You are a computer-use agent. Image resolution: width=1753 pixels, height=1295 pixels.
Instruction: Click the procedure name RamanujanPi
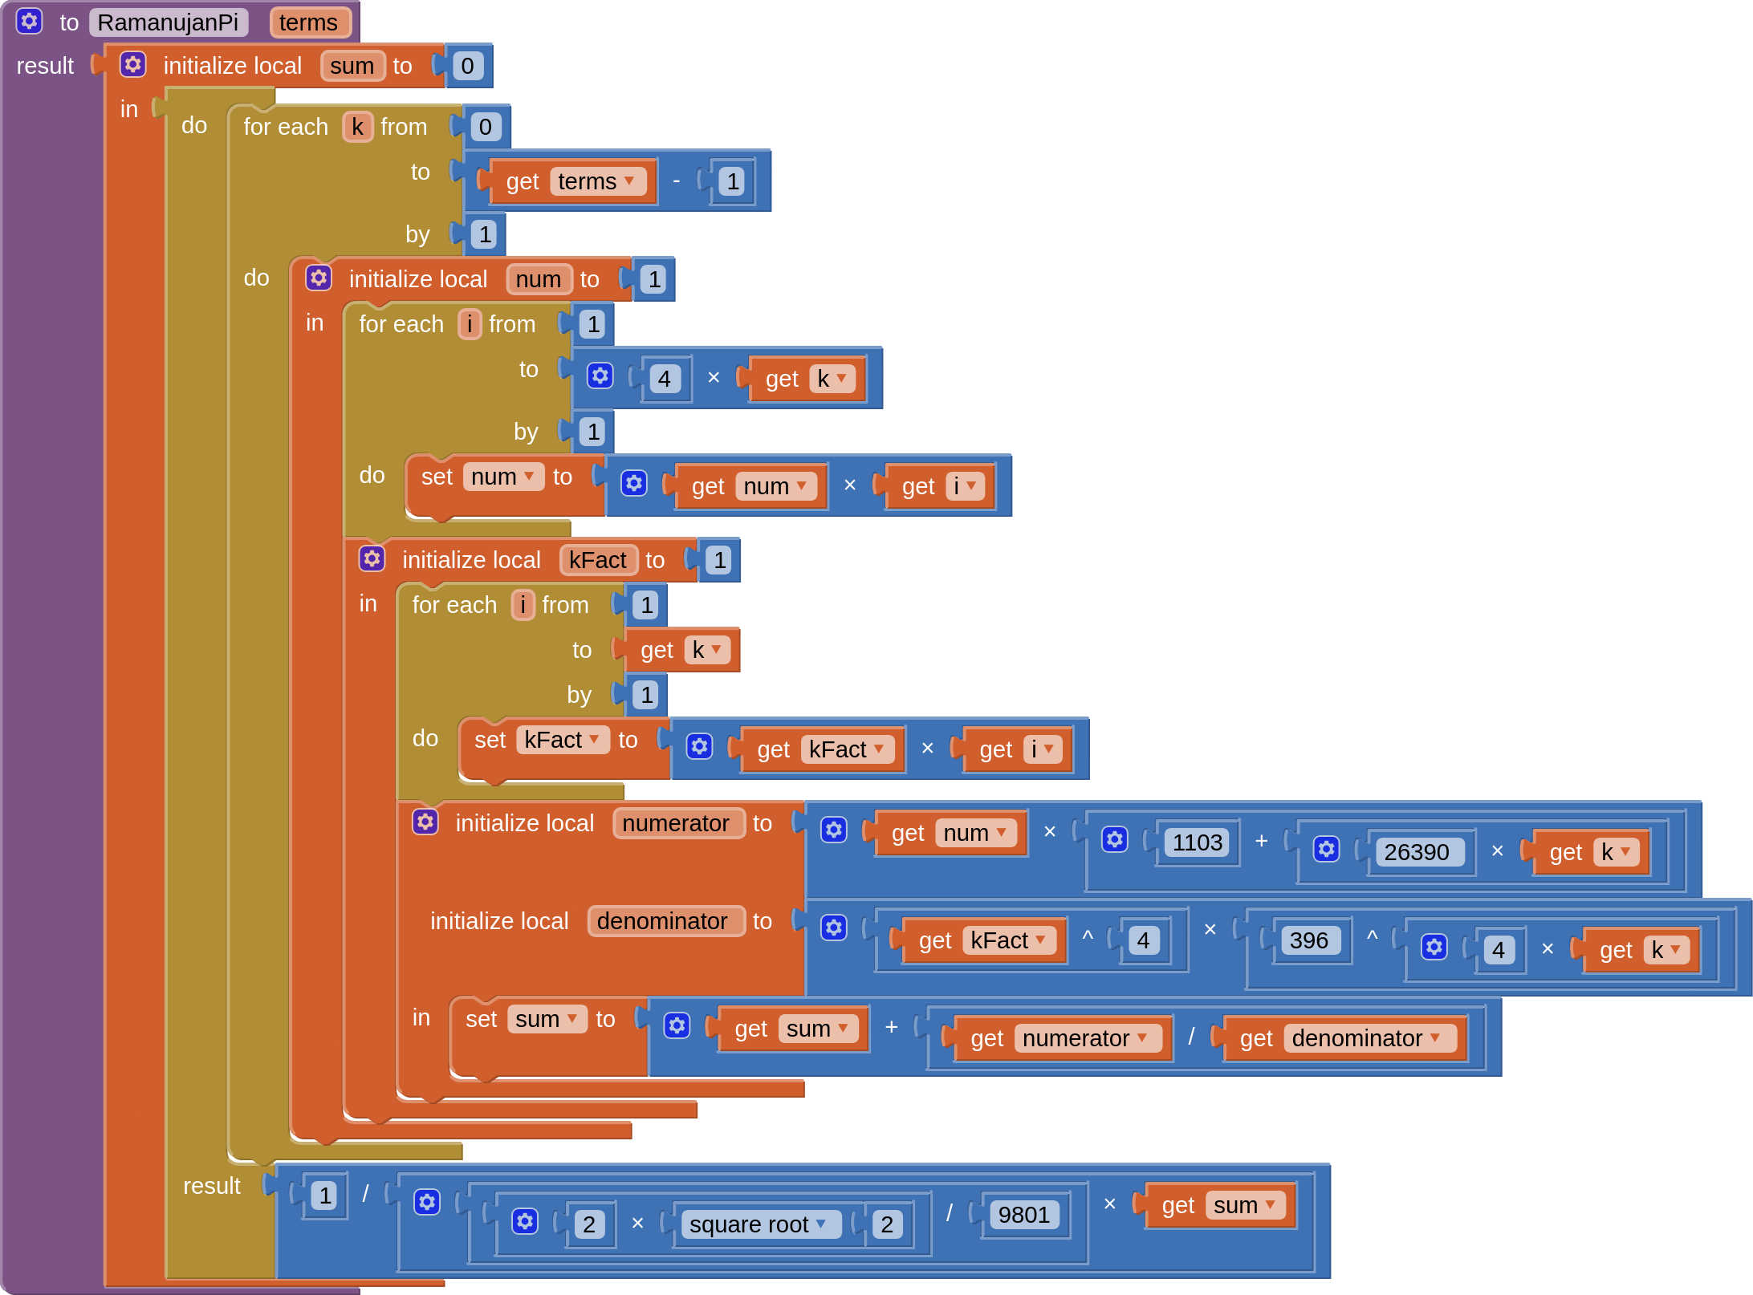click(x=168, y=22)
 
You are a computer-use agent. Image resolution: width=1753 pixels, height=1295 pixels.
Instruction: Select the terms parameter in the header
click(x=308, y=22)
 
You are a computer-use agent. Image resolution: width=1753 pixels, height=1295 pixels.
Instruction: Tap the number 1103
click(x=1197, y=842)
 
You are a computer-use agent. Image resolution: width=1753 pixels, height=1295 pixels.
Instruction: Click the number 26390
click(x=1416, y=852)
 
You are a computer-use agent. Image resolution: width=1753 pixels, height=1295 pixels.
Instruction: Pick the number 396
click(x=1308, y=940)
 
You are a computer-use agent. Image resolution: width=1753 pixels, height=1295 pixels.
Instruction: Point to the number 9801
click(x=1023, y=1215)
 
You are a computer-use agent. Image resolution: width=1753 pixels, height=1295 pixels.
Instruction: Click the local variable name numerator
click(x=676, y=823)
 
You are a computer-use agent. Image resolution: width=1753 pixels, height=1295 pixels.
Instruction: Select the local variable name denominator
click(x=662, y=921)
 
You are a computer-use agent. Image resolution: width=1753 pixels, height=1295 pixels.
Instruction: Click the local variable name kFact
click(x=597, y=560)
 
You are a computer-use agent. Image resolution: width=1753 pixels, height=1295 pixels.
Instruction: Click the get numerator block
click(x=1058, y=1038)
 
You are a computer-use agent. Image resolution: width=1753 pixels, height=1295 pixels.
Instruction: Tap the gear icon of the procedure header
click(x=30, y=22)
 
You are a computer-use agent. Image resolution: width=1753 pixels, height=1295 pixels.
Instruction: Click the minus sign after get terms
click(x=677, y=181)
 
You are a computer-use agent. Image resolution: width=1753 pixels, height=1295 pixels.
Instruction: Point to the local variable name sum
click(x=352, y=66)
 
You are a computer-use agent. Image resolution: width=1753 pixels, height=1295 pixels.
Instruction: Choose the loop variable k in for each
click(x=357, y=127)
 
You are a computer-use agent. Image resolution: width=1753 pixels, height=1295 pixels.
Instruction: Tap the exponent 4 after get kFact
click(x=1143, y=940)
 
